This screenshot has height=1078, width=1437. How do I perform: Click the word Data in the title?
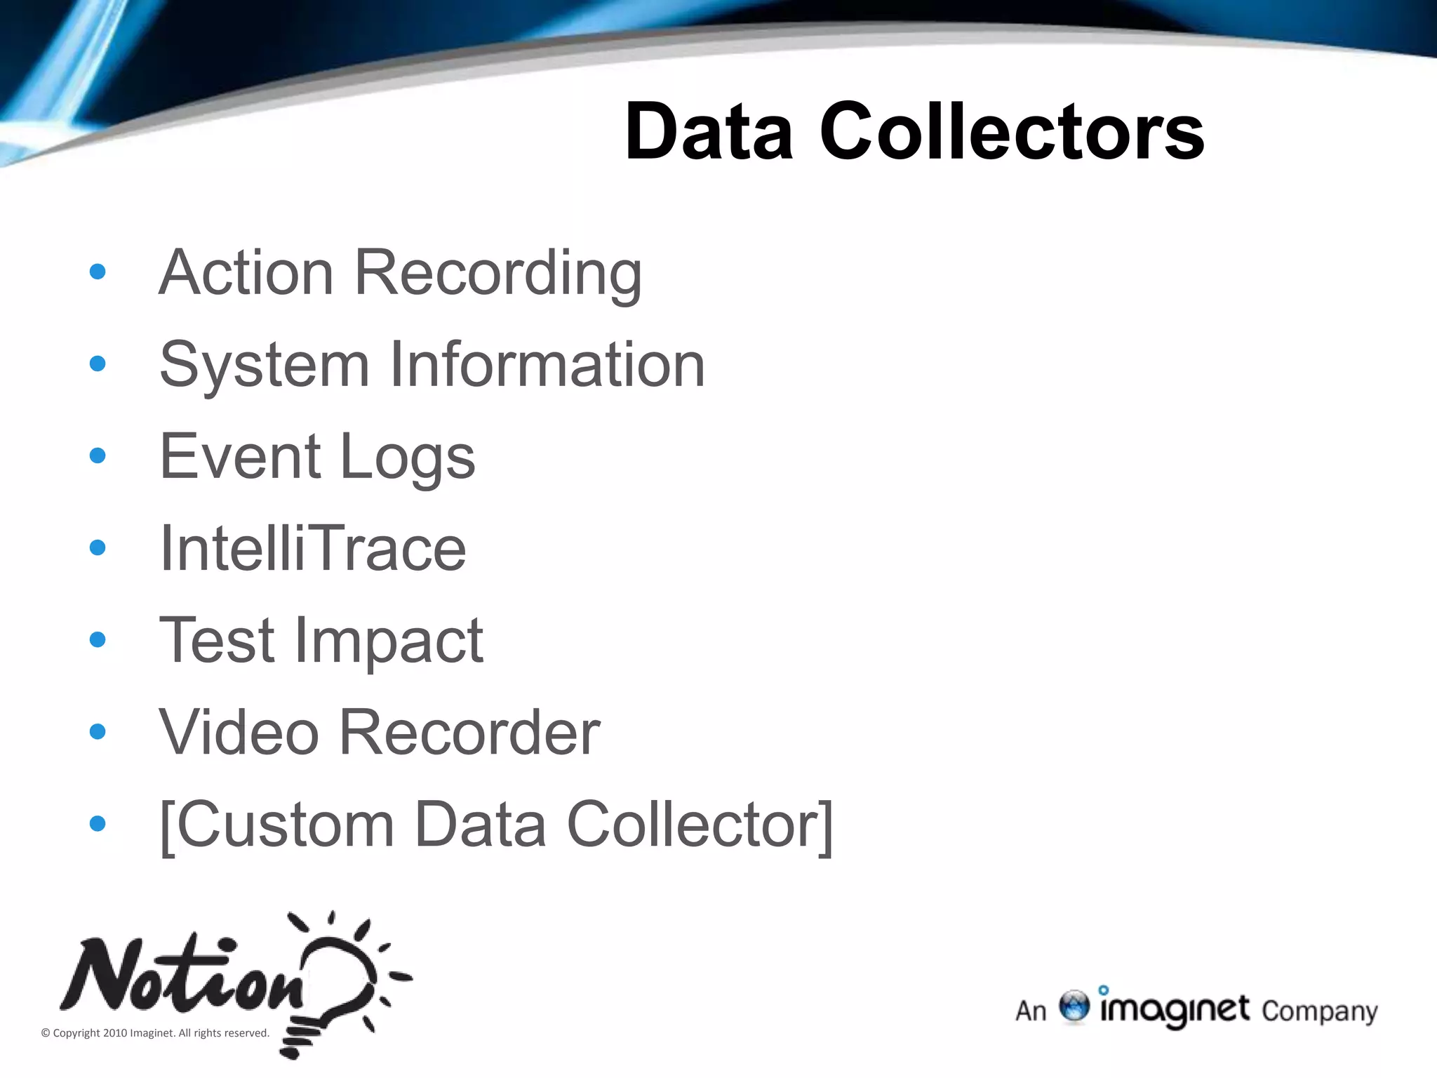[x=709, y=132]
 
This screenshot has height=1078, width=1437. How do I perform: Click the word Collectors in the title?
[x=1012, y=132]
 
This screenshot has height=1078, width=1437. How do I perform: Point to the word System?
[x=265, y=365]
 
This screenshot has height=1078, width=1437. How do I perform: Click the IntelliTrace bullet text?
[x=313, y=548]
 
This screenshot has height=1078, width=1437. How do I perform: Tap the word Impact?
[x=389, y=641]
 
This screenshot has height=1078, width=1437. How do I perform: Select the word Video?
[x=239, y=732]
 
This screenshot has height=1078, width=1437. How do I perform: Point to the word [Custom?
[x=277, y=825]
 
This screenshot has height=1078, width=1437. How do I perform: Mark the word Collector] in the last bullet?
[x=700, y=825]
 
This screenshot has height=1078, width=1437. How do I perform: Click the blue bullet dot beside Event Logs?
[x=98, y=456]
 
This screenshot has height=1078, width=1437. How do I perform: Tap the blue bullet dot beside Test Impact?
[x=98, y=639]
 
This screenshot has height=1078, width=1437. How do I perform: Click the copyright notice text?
[x=155, y=1032]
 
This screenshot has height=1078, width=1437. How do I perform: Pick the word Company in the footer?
[x=1319, y=1011]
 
